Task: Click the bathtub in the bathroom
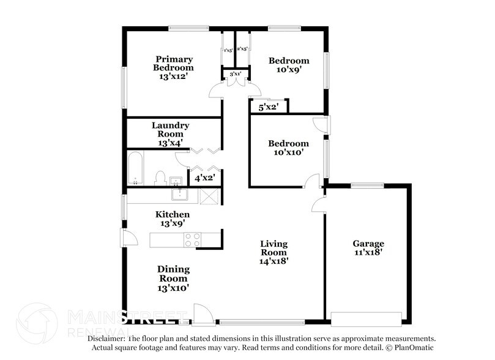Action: click(135, 168)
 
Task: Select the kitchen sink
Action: click(179, 195)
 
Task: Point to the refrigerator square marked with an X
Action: click(210, 196)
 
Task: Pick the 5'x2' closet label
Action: click(268, 107)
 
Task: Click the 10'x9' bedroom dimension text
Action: click(289, 70)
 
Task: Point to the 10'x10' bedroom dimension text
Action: click(288, 153)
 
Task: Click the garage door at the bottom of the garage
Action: click(366, 319)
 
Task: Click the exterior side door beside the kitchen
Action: click(125, 239)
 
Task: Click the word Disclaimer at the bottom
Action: click(106, 339)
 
